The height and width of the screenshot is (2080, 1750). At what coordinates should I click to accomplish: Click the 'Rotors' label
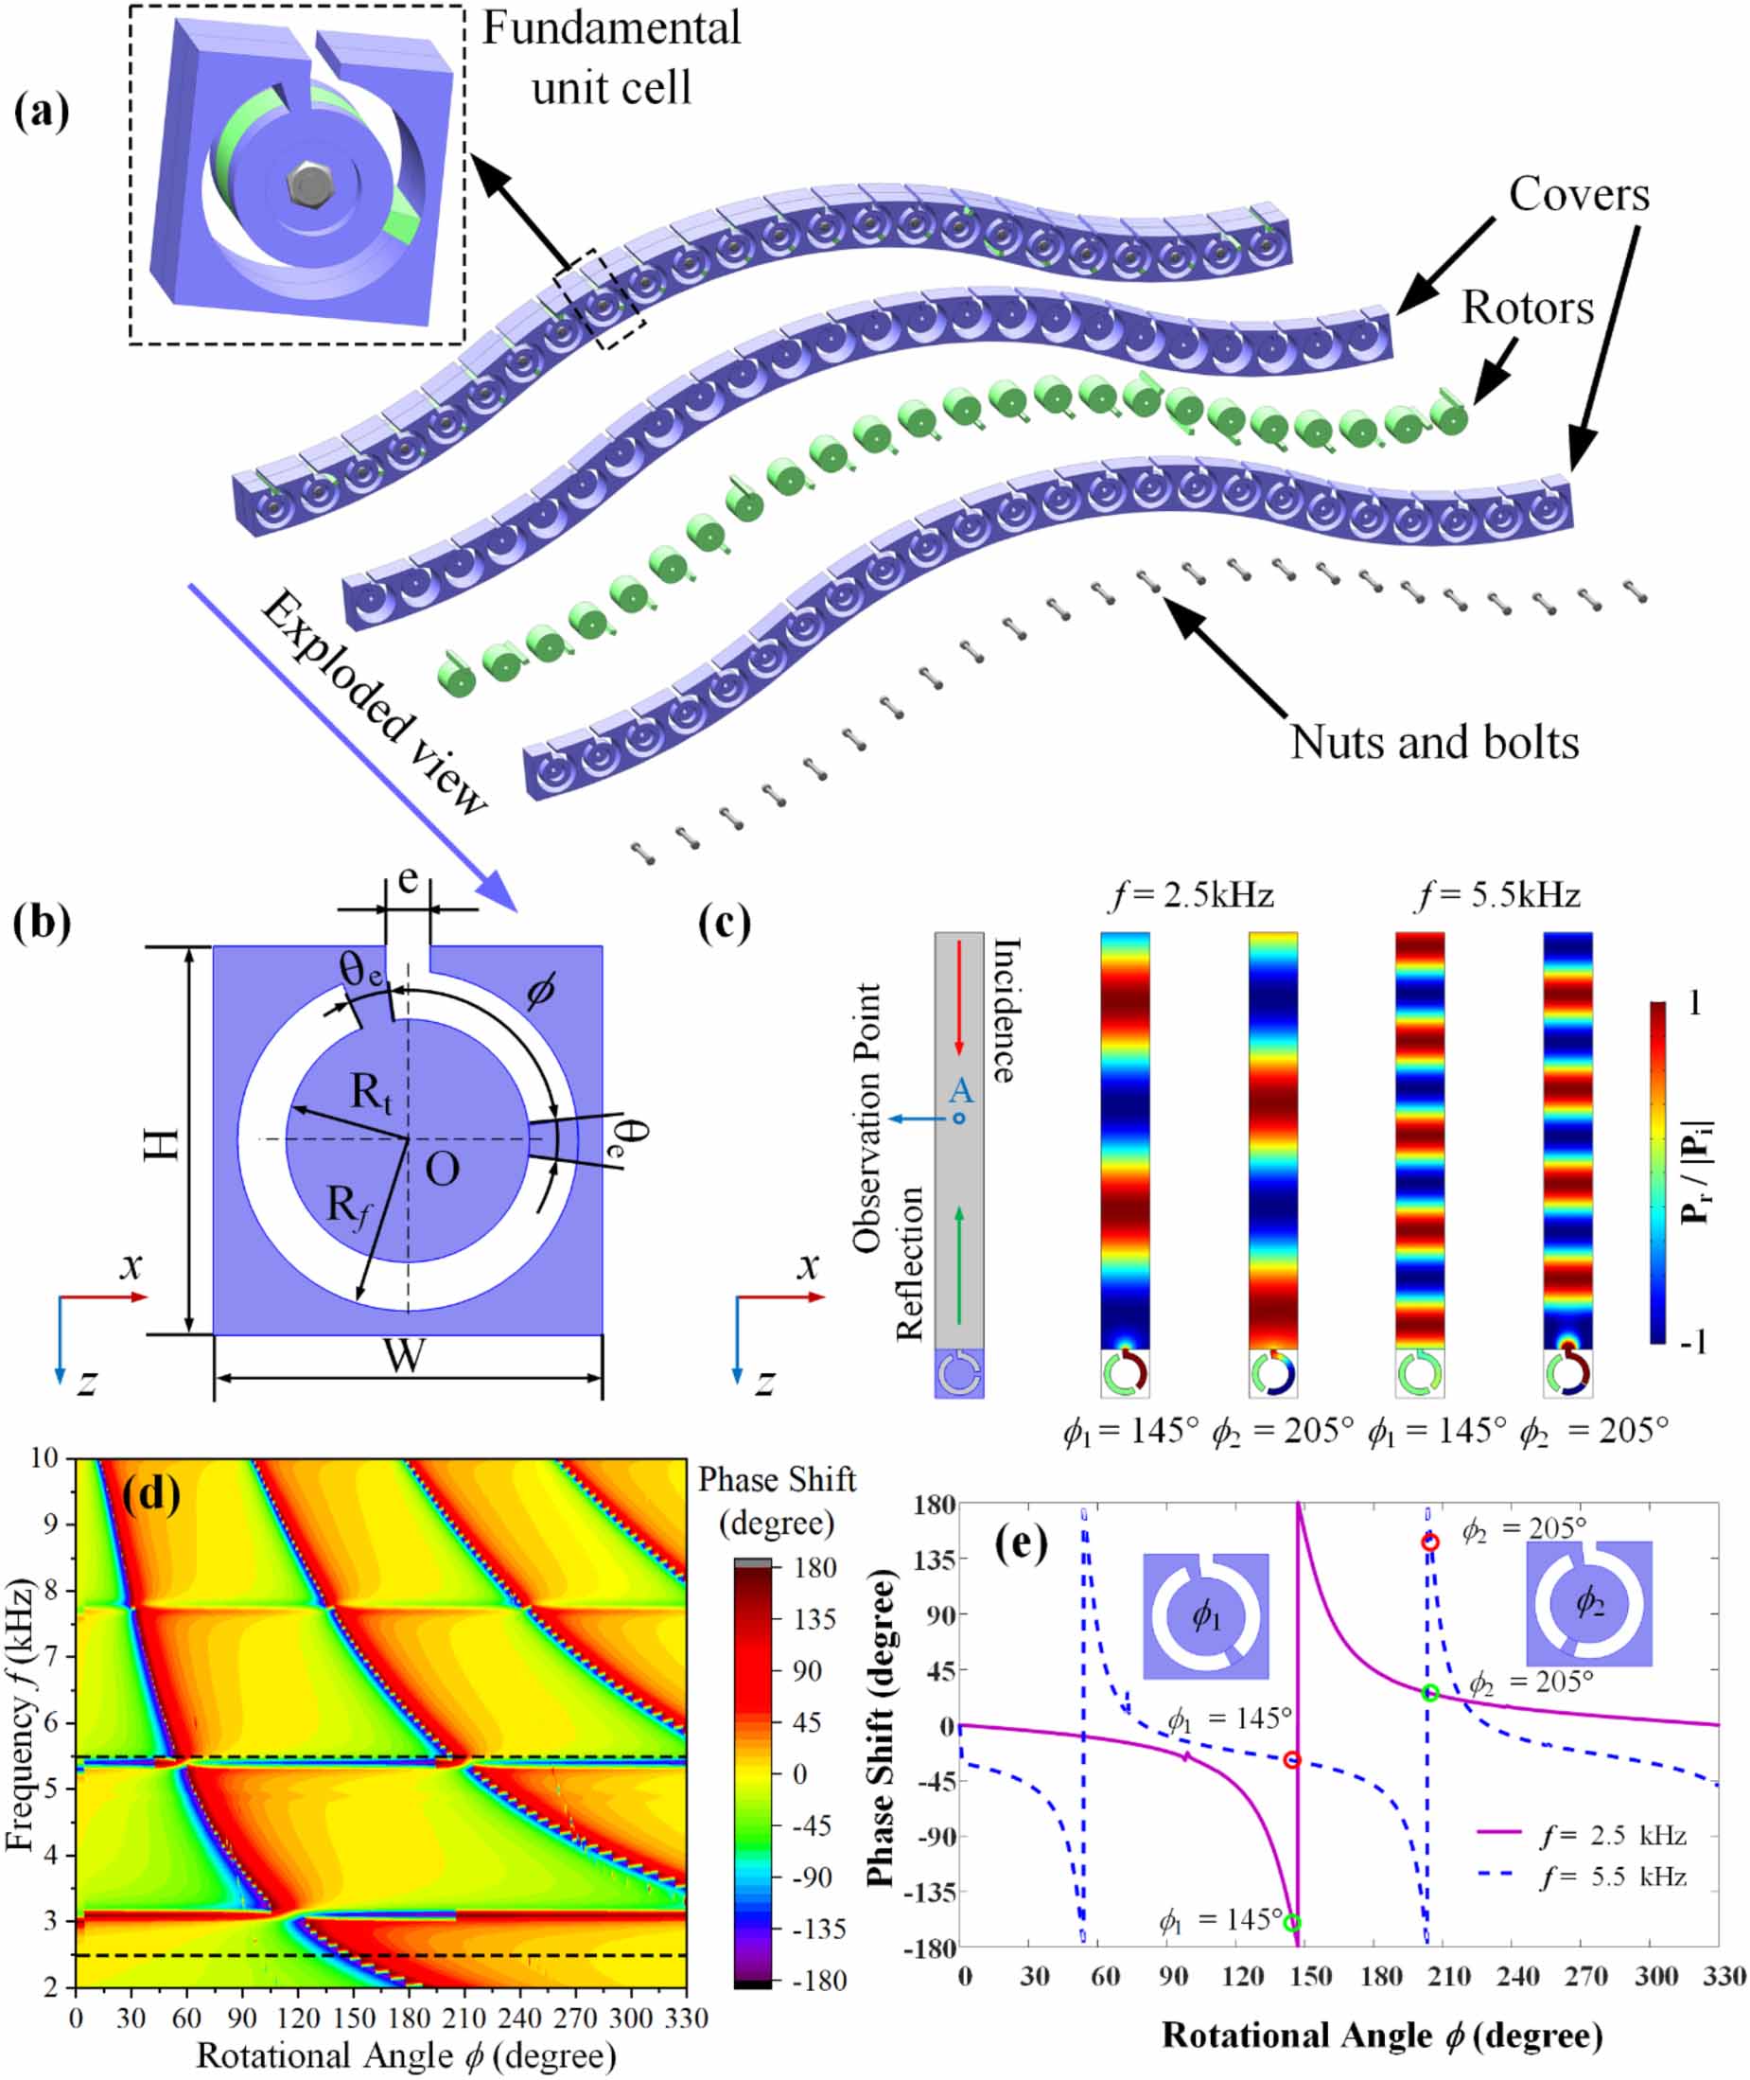[x=1527, y=308]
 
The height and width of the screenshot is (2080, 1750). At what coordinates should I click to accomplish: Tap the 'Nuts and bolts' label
[x=1433, y=742]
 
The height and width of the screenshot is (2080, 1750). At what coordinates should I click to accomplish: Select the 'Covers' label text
[x=1579, y=195]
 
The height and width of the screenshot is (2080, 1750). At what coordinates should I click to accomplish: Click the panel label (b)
[x=42, y=922]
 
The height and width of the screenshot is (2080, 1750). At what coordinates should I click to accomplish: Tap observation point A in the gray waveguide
[x=958, y=1119]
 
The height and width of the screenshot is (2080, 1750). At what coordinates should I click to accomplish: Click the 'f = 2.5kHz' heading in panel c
[x=1191, y=896]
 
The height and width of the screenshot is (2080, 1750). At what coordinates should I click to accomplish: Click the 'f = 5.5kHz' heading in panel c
[x=1497, y=896]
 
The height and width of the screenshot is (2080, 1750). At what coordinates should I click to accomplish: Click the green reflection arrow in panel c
[x=958, y=1265]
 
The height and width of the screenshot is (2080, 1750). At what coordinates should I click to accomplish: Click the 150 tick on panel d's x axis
[x=353, y=2018]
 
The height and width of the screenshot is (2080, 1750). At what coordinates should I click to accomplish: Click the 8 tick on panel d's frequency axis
[x=49, y=1591]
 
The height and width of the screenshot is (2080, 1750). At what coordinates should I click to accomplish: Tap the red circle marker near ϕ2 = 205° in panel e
[x=1429, y=1542]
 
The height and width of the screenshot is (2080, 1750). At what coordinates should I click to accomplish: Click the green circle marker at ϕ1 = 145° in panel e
[x=1291, y=1923]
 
